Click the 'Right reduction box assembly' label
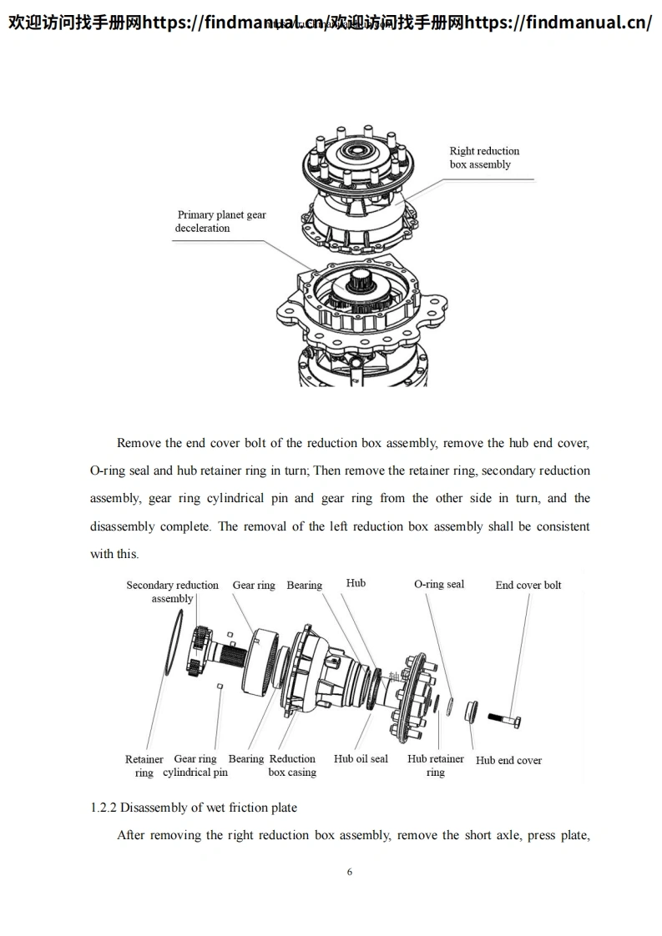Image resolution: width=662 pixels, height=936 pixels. (x=484, y=158)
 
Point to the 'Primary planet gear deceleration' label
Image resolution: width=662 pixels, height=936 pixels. (x=220, y=221)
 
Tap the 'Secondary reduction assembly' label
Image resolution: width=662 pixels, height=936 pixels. (x=172, y=591)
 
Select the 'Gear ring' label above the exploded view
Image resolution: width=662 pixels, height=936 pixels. (x=254, y=586)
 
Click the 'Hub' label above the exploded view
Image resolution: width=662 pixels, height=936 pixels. (x=356, y=583)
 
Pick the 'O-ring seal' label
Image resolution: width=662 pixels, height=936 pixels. (x=439, y=584)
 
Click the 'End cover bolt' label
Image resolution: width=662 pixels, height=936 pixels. (x=528, y=585)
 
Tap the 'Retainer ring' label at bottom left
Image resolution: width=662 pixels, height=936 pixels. (x=144, y=766)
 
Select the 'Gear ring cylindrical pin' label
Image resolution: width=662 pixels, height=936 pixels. (x=195, y=766)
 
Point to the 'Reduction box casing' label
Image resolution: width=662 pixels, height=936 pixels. (x=292, y=766)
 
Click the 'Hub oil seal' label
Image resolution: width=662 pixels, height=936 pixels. (x=361, y=759)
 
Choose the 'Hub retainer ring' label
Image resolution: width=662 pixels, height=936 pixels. (x=436, y=766)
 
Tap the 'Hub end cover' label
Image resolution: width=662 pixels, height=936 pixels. (x=508, y=760)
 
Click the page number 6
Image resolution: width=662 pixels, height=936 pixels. (x=350, y=872)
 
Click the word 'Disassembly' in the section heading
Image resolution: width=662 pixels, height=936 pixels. (x=167, y=808)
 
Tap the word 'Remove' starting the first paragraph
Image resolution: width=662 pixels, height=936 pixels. (x=139, y=443)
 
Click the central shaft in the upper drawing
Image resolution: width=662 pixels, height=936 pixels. (x=361, y=286)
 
